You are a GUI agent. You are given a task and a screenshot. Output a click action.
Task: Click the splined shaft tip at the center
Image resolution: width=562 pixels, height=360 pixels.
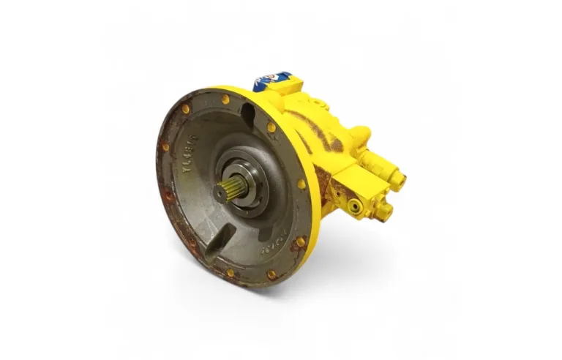pos(223,192)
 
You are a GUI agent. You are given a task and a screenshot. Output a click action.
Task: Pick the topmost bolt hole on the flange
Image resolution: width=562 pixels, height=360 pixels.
pos(225,99)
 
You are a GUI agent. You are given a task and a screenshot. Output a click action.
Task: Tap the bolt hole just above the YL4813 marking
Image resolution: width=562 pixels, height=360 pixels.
pos(186,108)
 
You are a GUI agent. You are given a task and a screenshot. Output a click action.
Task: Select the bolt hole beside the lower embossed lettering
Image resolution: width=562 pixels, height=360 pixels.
pos(300,241)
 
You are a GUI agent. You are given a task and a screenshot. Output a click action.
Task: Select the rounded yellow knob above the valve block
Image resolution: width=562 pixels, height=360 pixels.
pos(359,135)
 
